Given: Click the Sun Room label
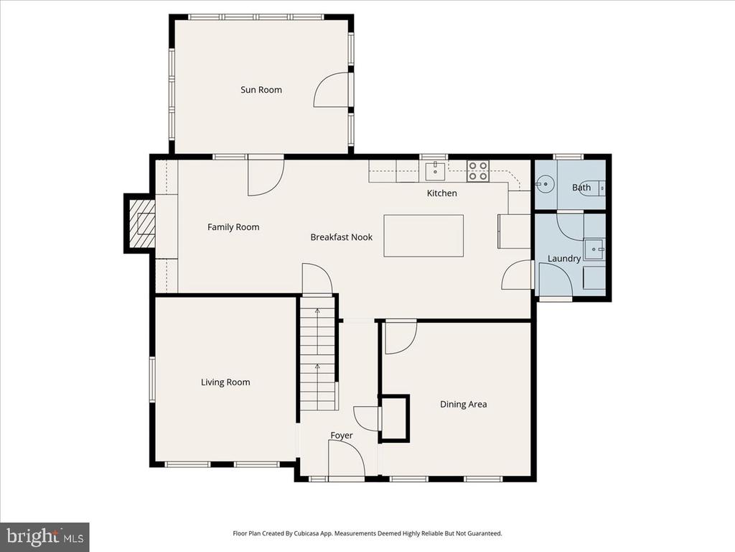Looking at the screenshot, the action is [261, 90].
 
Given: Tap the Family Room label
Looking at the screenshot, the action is [233, 227].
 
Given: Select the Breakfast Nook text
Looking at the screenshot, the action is [341, 237].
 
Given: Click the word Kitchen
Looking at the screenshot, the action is [441, 193].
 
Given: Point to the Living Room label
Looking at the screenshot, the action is [225, 382].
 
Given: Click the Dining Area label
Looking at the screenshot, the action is [463, 404].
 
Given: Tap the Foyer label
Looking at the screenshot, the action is [341, 436].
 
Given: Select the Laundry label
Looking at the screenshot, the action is [564, 259].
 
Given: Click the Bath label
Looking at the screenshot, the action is [581, 188].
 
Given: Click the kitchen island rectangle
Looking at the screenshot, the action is [423, 236].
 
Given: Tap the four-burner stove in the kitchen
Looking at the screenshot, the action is [478, 171].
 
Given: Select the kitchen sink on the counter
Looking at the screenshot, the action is [436, 171].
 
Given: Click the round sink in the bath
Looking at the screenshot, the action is [545, 184].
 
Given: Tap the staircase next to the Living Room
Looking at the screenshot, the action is [318, 352].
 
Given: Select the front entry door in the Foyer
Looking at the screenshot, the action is [347, 459].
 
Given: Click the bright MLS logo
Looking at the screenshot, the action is [45, 536].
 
